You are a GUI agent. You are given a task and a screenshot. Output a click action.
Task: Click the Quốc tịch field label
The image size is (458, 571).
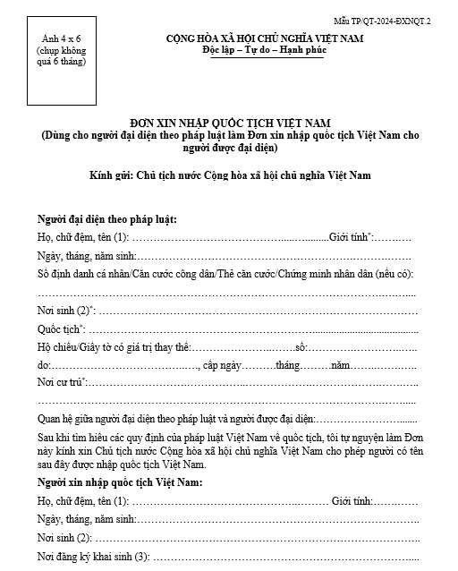tap(63, 328)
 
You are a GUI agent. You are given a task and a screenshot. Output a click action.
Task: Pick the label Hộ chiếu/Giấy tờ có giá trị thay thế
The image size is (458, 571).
tap(113, 346)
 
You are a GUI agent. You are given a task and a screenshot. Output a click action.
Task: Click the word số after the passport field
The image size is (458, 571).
tap(301, 346)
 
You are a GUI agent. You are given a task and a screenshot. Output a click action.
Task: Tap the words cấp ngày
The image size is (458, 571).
tap(225, 365)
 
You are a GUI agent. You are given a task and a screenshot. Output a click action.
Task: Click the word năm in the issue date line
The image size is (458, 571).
tap(341, 365)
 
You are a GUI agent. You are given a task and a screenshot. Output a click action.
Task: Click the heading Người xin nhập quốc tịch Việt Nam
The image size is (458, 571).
tap(120, 483)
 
